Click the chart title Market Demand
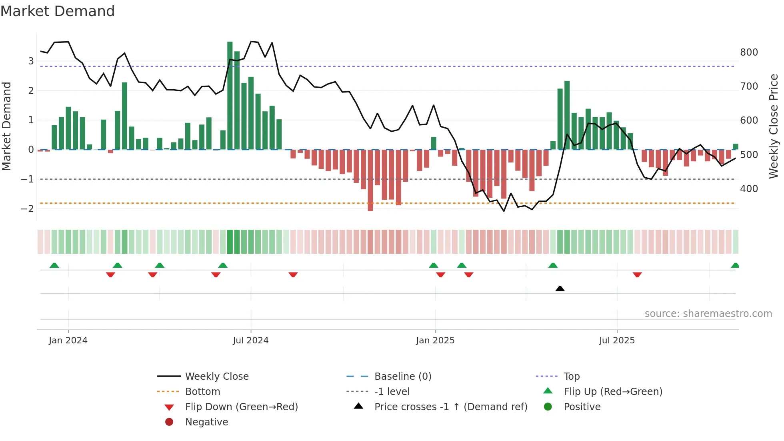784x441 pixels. pos(58,11)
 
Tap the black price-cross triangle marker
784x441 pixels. pos(560,289)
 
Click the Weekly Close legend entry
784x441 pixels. pos(216,376)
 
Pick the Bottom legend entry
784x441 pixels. pos(202,391)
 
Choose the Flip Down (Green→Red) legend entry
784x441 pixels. pos(241,407)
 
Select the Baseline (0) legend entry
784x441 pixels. pos(402,376)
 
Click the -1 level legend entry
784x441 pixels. pos(392,391)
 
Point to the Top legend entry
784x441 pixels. pos(571,376)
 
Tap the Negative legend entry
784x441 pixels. pos(206,422)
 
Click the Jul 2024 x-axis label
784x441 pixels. pos(251,340)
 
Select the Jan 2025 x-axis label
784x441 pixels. pos(435,340)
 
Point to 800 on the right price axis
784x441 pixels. pos(749,52)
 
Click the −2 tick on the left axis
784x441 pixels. pos(27,208)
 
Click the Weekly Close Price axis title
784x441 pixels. pos(774,126)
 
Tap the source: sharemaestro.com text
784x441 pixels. pos(708,313)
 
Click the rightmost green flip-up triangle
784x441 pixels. pos(735,265)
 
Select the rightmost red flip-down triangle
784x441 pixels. pos(637,275)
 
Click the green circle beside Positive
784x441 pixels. pos(548,407)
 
